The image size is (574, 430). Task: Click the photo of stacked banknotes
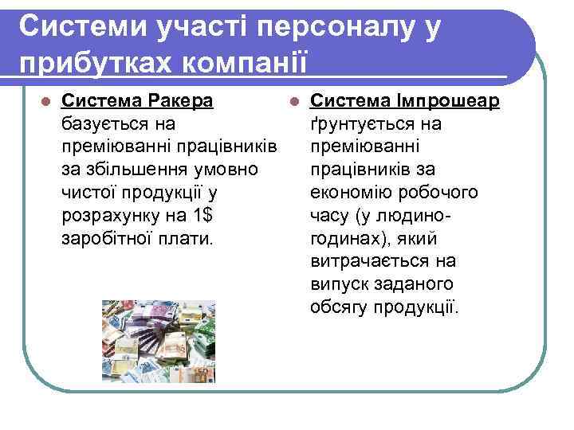tap(158, 341)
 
